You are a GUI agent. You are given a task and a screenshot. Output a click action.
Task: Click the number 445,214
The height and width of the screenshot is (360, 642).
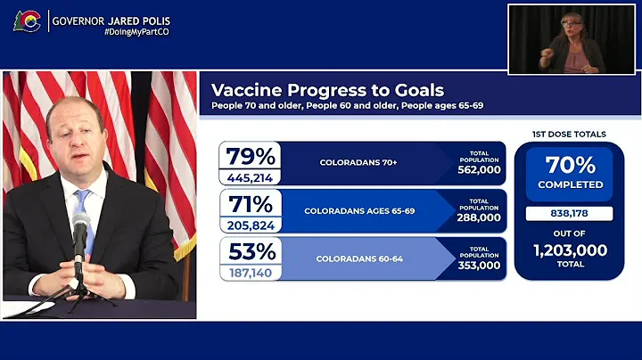pos(250,176)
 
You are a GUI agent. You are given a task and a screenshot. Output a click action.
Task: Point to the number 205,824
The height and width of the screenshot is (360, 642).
pos(250,225)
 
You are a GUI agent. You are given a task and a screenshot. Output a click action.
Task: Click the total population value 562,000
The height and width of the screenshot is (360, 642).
pos(479,169)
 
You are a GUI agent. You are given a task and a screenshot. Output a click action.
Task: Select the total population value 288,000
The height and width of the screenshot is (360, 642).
pos(479,217)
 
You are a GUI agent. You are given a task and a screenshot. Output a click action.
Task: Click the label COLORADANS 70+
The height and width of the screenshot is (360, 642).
pos(359,163)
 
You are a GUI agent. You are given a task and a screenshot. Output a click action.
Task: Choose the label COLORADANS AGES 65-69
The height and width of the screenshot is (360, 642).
pos(359,211)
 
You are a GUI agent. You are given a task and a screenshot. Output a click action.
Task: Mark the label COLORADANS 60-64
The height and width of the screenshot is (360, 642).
pos(359,259)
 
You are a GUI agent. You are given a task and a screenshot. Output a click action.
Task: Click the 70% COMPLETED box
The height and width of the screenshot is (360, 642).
pos(570,173)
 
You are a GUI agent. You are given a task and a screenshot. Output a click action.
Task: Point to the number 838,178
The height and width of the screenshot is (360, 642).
pos(570,214)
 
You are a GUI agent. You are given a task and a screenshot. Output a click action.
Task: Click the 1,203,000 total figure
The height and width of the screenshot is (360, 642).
pos(570,251)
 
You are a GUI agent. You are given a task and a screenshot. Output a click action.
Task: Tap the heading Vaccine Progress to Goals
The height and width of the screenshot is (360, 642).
pos(326,91)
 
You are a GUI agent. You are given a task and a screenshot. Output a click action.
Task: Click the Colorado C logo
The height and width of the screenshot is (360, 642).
pos(26,21)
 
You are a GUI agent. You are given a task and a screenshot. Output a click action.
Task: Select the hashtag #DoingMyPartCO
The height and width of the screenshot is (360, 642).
pos(136,32)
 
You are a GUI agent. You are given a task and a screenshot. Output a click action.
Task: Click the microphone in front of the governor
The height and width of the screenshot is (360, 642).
pos(81,231)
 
